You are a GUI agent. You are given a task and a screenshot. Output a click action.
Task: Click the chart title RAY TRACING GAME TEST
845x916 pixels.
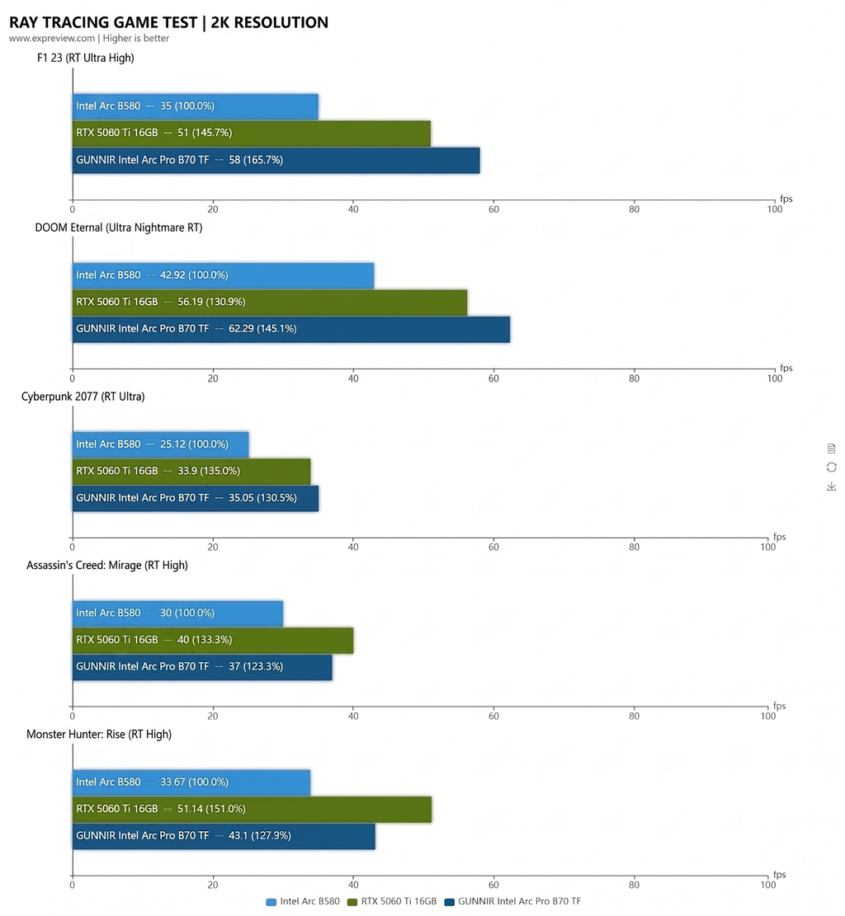(x=103, y=22)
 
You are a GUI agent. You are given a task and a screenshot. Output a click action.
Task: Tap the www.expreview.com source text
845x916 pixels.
(x=51, y=38)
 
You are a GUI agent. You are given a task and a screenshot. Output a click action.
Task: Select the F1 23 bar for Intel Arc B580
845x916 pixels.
(x=196, y=106)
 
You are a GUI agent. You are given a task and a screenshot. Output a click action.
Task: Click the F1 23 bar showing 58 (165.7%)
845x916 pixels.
(x=276, y=160)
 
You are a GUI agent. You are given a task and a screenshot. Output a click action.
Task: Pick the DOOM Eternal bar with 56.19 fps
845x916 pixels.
(x=270, y=302)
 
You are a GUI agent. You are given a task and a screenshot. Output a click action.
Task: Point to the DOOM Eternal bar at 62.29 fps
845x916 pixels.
(x=291, y=329)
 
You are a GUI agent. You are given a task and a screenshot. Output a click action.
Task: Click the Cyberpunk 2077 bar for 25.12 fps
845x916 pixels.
(x=161, y=444)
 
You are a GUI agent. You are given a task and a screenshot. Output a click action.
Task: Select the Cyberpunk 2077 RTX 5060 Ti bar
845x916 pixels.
(x=191, y=472)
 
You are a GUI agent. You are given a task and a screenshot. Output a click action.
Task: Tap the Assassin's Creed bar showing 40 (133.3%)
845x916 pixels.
(x=213, y=641)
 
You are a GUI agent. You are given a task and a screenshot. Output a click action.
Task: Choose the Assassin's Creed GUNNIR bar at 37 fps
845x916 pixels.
(x=202, y=667)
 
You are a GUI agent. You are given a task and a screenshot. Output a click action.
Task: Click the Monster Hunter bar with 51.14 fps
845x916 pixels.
(x=252, y=809)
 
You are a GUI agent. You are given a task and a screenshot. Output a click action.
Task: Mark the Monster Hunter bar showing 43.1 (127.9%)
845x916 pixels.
(x=224, y=836)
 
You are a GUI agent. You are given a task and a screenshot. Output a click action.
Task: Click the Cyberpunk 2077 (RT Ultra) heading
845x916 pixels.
(x=83, y=397)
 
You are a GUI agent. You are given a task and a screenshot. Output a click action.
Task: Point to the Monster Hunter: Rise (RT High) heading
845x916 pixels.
(x=99, y=735)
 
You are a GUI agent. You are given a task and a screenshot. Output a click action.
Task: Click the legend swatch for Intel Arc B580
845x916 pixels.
(x=271, y=902)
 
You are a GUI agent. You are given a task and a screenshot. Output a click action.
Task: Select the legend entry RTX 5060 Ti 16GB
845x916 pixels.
(x=392, y=901)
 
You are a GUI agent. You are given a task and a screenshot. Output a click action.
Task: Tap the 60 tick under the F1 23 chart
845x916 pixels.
(x=493, y=209)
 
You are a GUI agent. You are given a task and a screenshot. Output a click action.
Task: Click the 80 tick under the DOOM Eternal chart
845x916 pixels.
(x=634, y=378)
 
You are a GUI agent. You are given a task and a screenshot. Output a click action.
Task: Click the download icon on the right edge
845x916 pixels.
(x=831, y=486)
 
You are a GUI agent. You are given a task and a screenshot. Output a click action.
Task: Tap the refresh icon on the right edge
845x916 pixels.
(x=831, y=467)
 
